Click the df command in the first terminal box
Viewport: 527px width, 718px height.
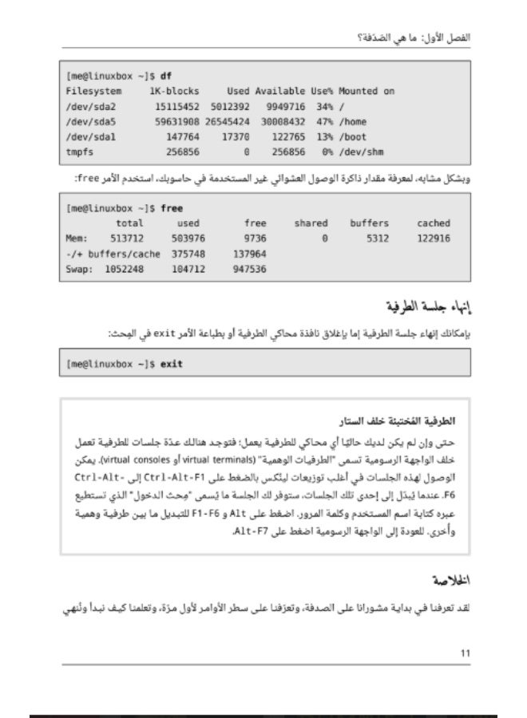click(166, 77)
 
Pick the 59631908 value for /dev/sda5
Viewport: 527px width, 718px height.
click(177, 121)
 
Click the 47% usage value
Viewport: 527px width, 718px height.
click(323, 121)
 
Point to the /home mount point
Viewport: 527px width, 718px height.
click(354, 121)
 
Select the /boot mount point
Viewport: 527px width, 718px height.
click(354, 136)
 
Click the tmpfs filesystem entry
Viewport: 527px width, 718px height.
click(78, 152)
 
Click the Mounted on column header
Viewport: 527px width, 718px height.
click(367, 91)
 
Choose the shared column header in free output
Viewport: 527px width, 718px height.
click(311, 223)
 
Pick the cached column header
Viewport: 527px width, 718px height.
click(433, 223)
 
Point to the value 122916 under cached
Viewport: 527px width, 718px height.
click(433, 239)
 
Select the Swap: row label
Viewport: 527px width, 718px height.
click(80, 269)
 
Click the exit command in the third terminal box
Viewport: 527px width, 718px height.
click(171, 364)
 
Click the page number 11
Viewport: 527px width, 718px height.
click(466, 653)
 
